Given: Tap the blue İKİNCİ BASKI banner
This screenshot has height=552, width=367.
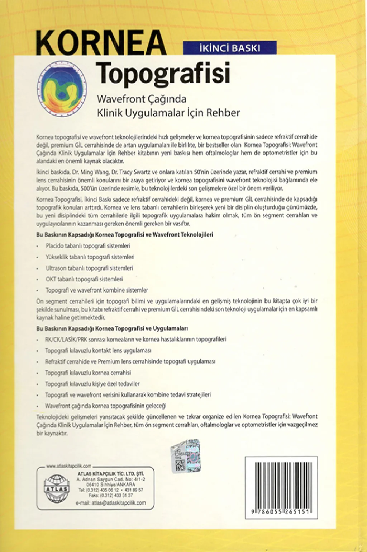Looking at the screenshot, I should pos(230,48).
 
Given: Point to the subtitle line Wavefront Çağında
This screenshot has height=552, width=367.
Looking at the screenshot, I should pos(142,99).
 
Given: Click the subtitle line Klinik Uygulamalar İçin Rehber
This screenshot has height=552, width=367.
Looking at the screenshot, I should pos(168,113).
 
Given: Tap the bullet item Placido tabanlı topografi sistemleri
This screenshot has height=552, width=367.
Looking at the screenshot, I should pos(88,246).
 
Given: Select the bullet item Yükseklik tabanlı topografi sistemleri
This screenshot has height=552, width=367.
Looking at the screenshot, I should pos(90,257).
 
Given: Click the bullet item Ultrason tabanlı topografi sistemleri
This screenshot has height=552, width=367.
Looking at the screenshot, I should pos(89,268).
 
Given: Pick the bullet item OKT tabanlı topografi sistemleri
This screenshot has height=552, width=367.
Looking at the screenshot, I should pos(84,279).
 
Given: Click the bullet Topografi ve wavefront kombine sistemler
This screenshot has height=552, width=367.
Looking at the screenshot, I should pos(96,290).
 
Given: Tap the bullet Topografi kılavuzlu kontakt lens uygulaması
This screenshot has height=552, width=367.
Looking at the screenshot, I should pos(98,350).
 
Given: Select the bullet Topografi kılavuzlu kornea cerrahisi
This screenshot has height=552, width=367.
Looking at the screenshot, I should pos(88,373).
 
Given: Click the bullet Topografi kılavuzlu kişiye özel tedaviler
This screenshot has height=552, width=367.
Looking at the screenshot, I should pos(92,384).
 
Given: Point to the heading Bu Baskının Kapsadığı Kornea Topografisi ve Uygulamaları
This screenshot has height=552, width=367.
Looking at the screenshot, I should pos(112,328).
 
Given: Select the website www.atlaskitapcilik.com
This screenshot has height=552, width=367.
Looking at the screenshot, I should pos(68,466).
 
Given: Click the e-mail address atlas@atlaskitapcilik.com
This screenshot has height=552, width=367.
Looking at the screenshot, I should pos(111,503).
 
